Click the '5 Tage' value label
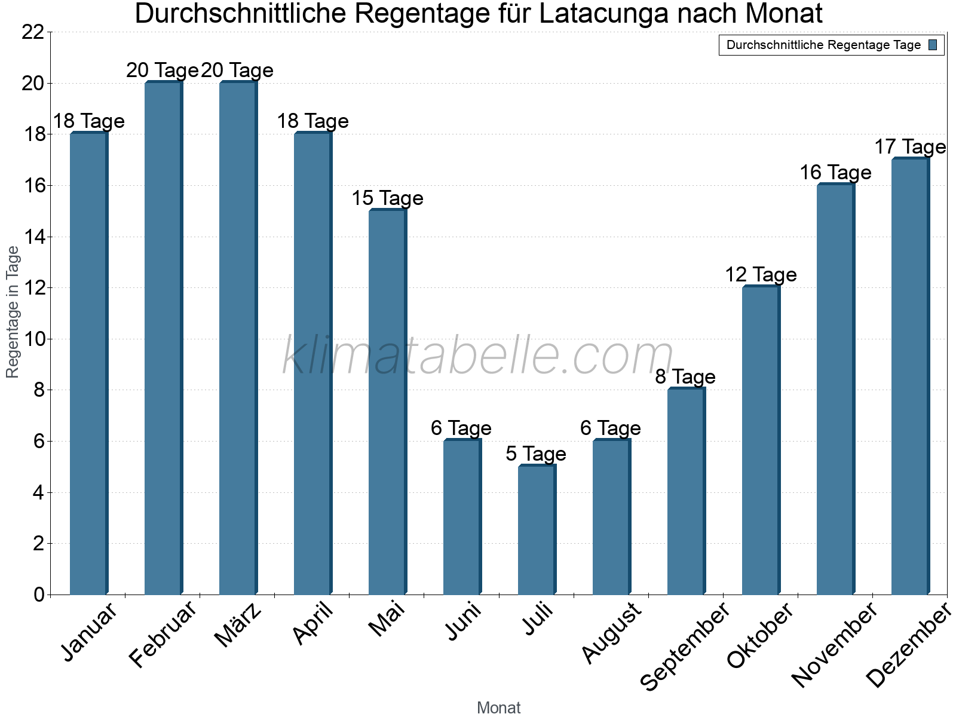[x=536, y=454]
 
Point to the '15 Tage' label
[x=387, y=198]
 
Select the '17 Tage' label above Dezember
[x=910, y=147]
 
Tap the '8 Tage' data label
[x=685, y=377]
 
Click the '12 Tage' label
[x=761, y=275]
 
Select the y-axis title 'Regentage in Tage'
[x=13, y=312]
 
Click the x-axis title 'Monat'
[x=498, y=708]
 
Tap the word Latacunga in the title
[x=603, y=14]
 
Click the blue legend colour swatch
[x=933, y=45]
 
